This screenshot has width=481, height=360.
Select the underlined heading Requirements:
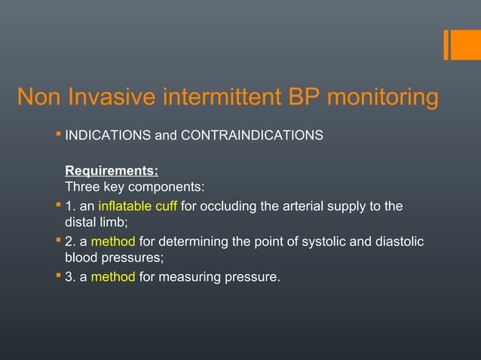click(x=112, y=172)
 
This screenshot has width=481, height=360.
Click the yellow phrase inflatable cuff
click(x=138, y=206)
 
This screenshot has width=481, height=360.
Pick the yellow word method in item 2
click(x=114, y=241)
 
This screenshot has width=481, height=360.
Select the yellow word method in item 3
click(x=114, y=277)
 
